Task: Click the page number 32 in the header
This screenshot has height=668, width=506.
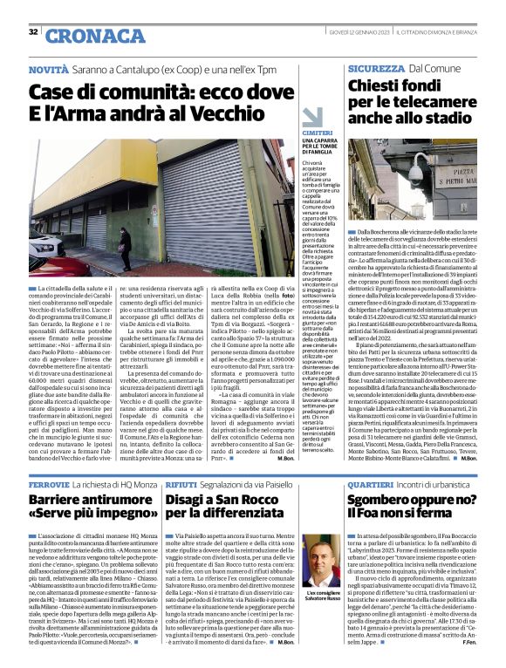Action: tap(33, 32)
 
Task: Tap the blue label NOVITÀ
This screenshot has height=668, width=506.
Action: tap(48, 68)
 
